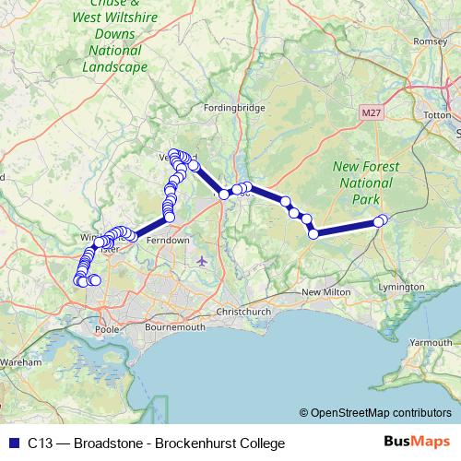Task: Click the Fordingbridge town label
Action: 239,108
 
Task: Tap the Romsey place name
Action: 431,41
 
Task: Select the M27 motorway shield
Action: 370,112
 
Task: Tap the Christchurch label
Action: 242,312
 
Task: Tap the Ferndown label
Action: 168,240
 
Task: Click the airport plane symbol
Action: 202,261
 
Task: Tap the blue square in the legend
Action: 13,443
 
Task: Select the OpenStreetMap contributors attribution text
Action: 381,413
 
